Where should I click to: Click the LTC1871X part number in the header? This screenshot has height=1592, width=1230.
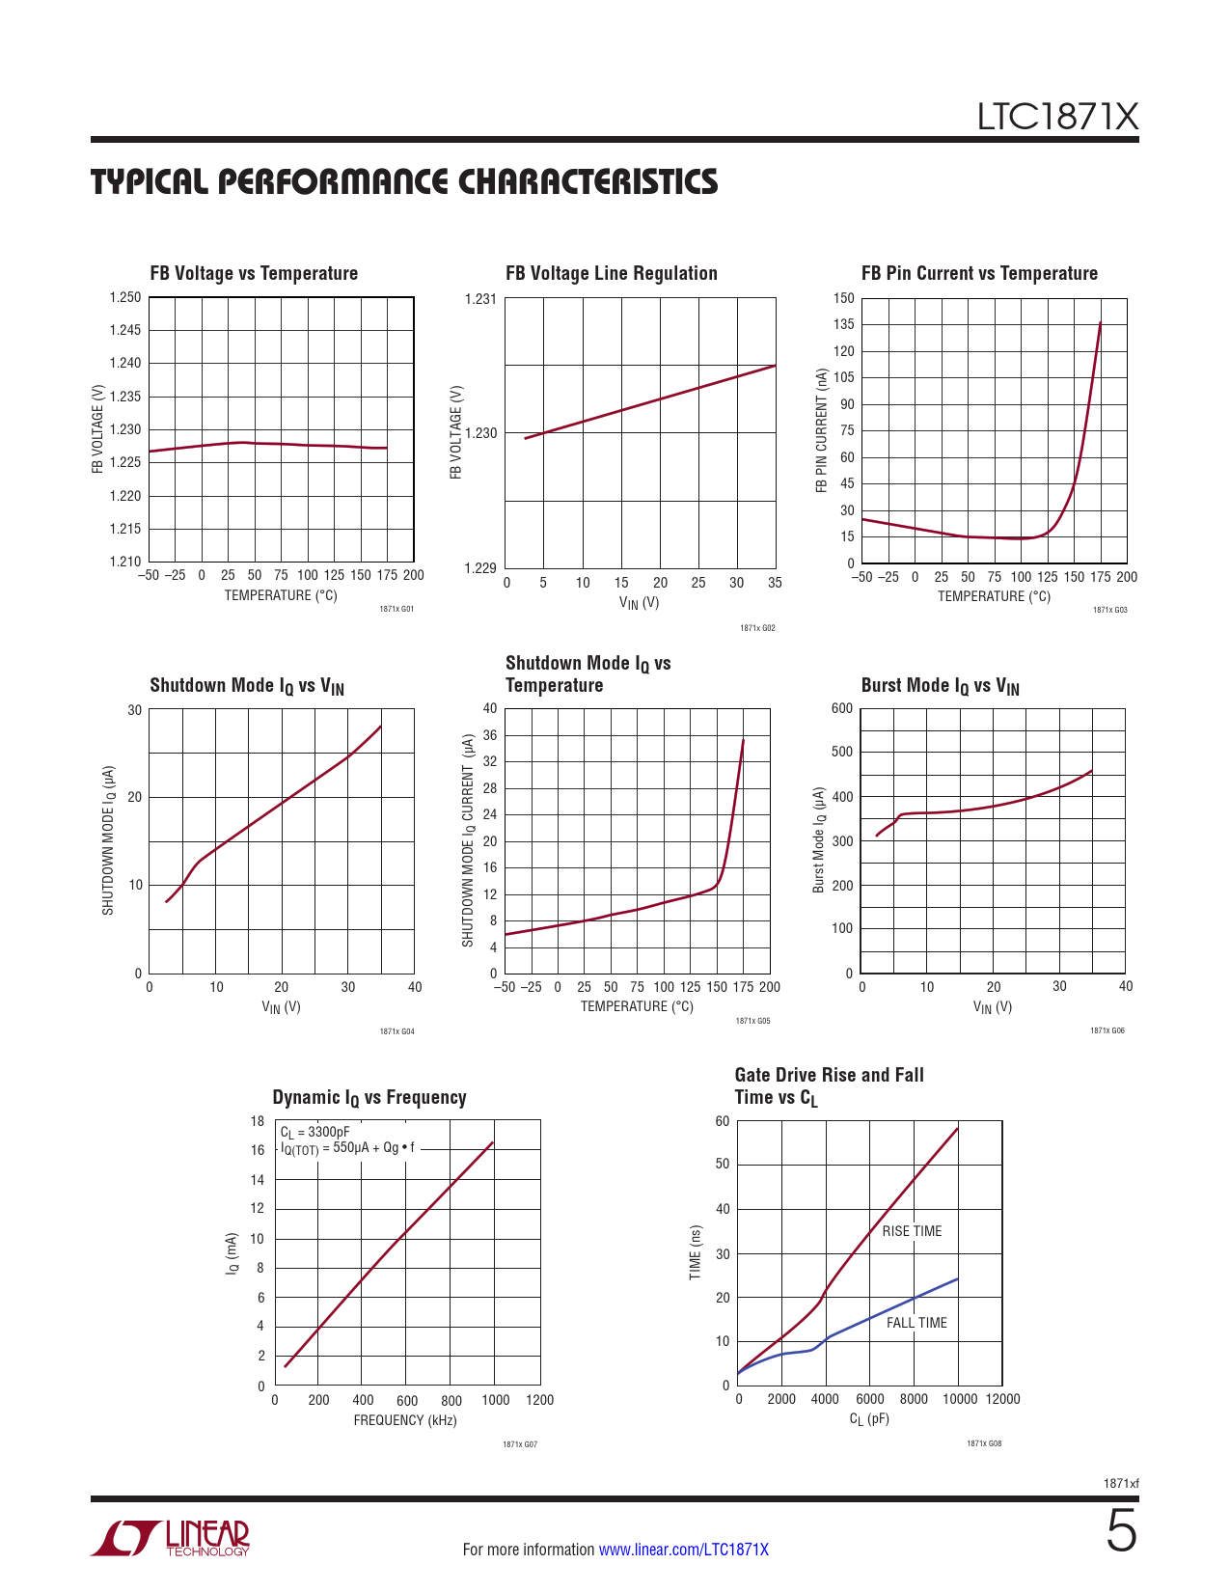pos(1057,117)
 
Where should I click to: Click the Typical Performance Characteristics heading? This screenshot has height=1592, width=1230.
pos(404,181)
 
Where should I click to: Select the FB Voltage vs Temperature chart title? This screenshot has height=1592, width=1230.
pos(254,273)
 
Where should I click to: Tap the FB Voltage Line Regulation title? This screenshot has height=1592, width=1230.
pos(612,273)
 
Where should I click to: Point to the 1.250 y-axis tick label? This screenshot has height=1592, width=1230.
pos(125,297)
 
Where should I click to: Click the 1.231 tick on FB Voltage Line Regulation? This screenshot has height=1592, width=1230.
pos(480,299)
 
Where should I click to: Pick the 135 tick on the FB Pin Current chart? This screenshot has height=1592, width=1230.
pos(844,324)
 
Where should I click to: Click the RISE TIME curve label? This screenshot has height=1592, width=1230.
pos(912,1231)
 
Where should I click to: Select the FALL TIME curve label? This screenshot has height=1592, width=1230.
pos(916,1323)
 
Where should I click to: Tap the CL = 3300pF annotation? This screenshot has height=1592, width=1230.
pos(315,1132)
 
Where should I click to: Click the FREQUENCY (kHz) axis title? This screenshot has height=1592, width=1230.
pos(405,1420)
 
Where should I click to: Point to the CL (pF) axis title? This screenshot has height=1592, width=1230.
pos(869,1419)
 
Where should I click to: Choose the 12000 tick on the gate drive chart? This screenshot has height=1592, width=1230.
pos(1002,1399)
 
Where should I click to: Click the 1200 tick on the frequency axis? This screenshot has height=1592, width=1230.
pos(539,1400)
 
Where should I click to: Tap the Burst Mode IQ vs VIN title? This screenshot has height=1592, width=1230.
pos(940,686)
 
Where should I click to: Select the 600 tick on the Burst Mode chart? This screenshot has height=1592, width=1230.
pos(842,708)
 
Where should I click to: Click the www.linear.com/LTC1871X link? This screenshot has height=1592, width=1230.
pos(684,1550)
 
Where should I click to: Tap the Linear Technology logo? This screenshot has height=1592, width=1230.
pos(171,1538)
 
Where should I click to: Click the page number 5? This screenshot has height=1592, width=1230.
pos(1121,1532)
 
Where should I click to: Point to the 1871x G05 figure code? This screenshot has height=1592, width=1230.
pos(752,1021)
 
